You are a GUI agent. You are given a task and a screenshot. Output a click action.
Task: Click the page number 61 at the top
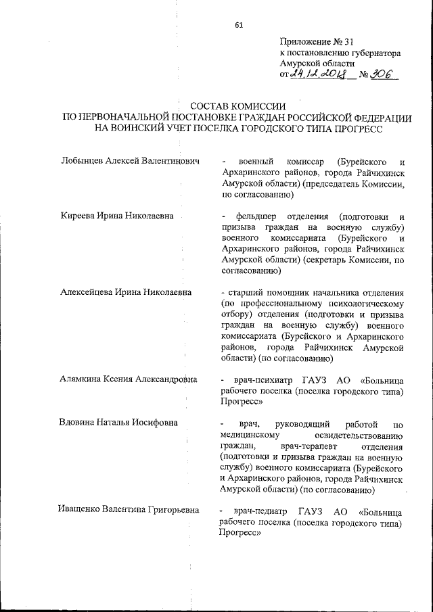tap(239, 25)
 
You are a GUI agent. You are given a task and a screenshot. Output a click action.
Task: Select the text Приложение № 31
tap(316, 41)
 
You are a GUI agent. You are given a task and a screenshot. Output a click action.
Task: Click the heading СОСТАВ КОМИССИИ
tap(237, 106)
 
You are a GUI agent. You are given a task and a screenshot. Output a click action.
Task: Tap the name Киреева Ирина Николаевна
tap(117, 216)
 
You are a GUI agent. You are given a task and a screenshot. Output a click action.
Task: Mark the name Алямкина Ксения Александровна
tap(129, 379)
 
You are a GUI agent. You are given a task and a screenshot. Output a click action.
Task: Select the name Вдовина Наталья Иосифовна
tap(119, 423)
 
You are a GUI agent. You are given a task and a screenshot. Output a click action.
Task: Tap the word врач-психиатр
tap(263, 380)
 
